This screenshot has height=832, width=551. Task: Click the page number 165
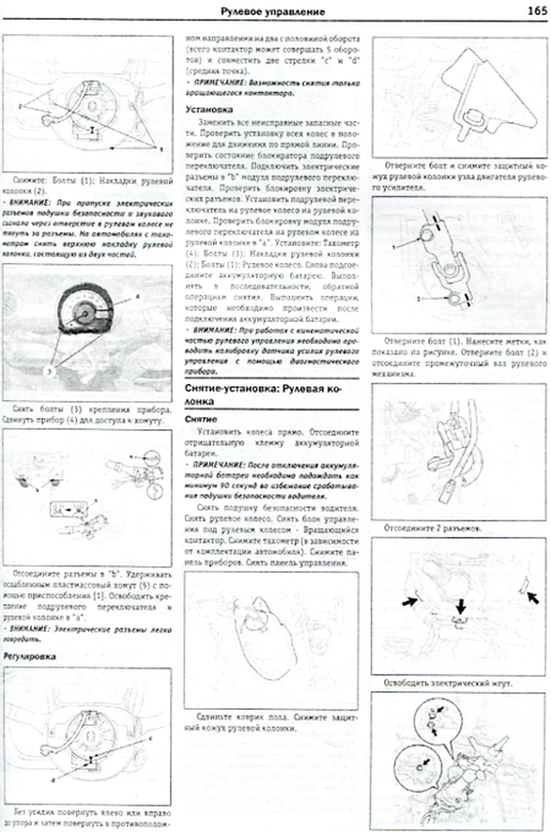tap(537, 11)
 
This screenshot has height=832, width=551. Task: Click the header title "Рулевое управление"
tap(273, 11)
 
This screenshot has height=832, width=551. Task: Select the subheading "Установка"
tap(209, 109)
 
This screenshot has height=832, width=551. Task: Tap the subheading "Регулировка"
tap(29, 656)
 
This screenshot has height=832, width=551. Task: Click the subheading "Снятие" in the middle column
tap(201, 419)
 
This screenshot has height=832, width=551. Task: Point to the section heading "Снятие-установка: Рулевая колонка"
tap(263, 395)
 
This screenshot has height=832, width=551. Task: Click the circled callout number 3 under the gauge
tap(49, 371)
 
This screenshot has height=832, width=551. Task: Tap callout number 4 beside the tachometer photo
tap(137, 297)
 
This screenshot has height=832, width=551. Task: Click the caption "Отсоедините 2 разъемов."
tap(432, 528)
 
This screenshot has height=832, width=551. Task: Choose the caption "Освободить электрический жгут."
tap(448, 683)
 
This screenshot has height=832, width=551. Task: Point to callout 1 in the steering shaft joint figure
tap(394, 247)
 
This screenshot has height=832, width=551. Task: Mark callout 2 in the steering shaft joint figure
tap(418, 299)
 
